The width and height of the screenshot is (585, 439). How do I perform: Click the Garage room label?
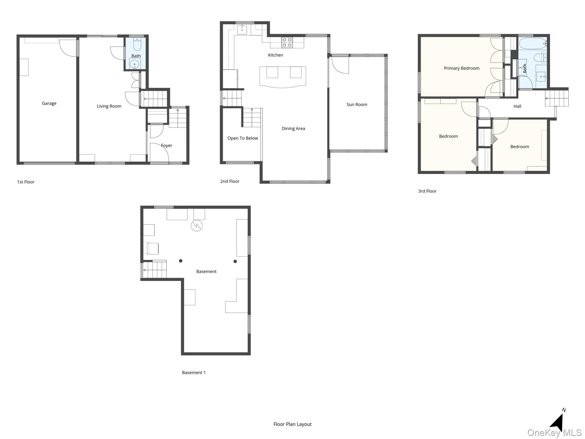49,103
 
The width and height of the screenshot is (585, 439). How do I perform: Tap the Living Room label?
109,106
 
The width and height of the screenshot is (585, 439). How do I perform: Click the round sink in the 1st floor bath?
134,64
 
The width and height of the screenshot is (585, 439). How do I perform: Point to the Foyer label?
167,146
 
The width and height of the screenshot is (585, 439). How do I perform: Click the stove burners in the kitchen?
287,43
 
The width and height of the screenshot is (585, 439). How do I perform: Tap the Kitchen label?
275,55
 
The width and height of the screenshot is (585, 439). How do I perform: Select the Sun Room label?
357,105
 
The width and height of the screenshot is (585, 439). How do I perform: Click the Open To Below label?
243,138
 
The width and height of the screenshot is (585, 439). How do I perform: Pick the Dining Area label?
293,129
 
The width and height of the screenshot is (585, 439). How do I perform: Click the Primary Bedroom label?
461,68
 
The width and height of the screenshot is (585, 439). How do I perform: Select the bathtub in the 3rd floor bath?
532,44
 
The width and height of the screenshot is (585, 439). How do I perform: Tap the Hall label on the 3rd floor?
517,106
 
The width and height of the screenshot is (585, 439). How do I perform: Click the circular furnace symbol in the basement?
197,226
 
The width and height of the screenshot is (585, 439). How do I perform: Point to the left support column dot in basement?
181,261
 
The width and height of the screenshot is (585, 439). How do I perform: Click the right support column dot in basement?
235,262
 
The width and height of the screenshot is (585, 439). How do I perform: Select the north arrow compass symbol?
557,422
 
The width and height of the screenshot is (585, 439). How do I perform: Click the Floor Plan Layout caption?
292,424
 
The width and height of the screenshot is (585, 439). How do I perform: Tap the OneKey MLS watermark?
554,433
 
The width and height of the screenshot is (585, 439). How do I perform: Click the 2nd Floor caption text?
230,181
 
